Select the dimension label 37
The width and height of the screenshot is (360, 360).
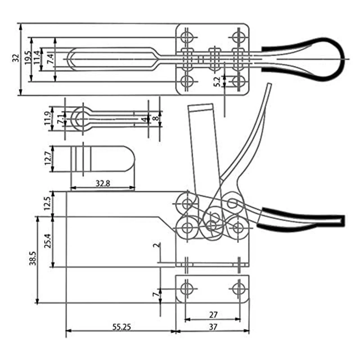[213, 328]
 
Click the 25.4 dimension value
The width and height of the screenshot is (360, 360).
[49, 242]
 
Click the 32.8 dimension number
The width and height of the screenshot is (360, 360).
[103, 183]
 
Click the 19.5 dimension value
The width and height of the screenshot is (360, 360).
[27, 58]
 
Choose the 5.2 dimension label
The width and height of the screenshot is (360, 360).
[218, 81]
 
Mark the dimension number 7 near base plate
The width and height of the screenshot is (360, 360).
[155, 295]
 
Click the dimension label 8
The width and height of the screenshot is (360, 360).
[155, 118]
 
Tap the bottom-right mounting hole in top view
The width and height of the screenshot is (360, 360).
[238, 81]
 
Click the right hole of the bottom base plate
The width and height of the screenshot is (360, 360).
[238, 288]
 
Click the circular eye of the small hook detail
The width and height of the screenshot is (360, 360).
[81, 118]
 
